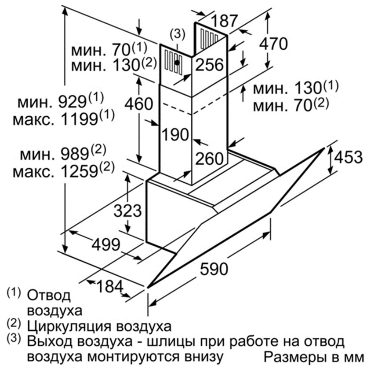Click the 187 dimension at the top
224,20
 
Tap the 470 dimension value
273,44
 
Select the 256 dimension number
210,65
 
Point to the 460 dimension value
139,104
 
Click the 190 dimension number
175,135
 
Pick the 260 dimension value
210,159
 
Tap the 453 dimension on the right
348,157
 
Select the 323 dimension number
128,211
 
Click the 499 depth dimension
106,245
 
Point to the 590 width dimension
214,269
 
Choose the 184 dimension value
109,286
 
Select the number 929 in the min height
73,102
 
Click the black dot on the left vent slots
178,63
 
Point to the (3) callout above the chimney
177,34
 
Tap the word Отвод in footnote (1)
49,296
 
